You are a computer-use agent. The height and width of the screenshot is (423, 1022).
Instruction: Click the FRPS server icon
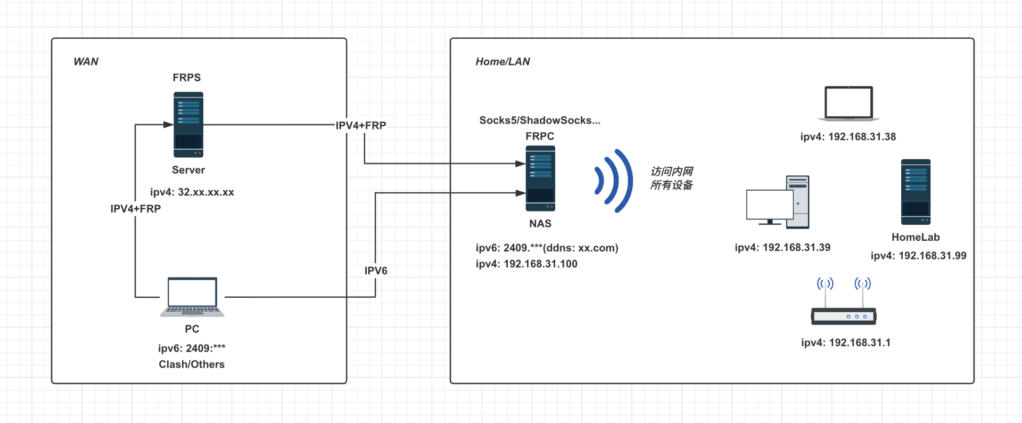(188, 125)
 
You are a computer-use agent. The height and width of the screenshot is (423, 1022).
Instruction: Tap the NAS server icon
(540, 178)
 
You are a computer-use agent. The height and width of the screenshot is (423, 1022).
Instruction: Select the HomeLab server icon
(916, 192)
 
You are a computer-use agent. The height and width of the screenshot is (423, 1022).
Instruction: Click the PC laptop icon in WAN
(192, 297)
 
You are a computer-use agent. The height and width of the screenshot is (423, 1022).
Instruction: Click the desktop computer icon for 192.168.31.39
(778, 202)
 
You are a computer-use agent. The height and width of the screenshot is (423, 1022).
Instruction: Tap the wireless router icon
(844, 304)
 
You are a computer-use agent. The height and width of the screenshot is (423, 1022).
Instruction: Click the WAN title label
(86, 62)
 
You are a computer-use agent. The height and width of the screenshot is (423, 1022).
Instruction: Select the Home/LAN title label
(502, 62)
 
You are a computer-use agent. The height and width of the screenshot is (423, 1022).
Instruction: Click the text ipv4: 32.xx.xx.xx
(192, 192)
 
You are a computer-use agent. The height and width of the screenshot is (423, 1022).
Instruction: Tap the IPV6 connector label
(376, 271)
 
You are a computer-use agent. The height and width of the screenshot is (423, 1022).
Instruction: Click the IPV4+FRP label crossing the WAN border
(361, 126)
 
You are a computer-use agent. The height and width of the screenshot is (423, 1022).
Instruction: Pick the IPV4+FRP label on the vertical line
(135, 209)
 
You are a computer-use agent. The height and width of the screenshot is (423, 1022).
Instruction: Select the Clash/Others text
(192, 364)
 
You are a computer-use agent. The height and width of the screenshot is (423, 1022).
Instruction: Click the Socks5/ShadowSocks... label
(540, 120)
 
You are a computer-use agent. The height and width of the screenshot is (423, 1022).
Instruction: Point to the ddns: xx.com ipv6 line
(547, 248)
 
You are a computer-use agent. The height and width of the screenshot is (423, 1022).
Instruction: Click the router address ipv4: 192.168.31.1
(846, 343)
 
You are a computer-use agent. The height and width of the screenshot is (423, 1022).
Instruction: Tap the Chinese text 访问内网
(672, 172)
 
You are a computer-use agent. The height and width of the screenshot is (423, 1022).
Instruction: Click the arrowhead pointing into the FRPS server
(168, 125)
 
